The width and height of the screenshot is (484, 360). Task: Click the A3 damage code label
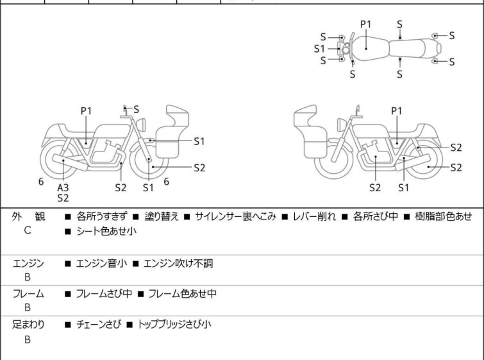coord(63,187)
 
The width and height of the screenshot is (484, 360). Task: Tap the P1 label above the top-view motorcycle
coord(365,24)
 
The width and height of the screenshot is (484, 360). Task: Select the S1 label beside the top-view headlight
coord(319,48)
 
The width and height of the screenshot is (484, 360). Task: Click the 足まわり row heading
coord(29,325)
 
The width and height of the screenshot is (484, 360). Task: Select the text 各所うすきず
coord(103,216)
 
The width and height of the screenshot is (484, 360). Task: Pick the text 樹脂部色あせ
coord(442,216)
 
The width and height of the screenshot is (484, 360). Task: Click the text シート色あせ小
coord(106,232)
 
